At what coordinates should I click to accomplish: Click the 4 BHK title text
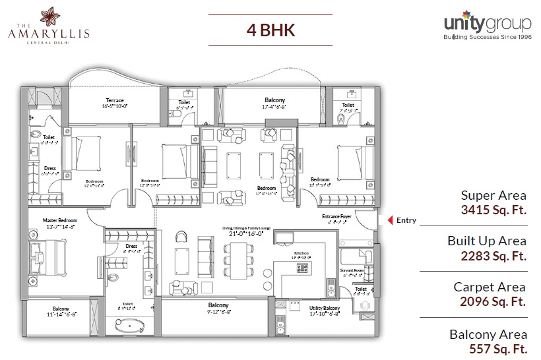270,30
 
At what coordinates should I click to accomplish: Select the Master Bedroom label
60,220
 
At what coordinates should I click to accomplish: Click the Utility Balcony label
323,307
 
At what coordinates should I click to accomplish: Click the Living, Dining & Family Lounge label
246,227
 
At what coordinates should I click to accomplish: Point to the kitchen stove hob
303,268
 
